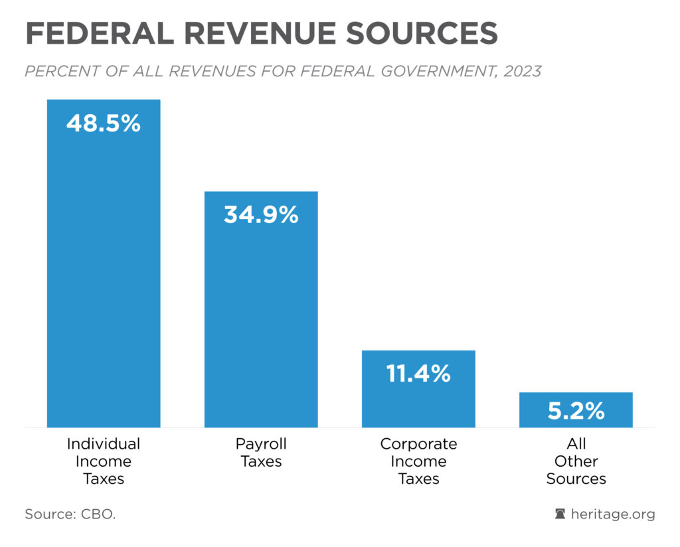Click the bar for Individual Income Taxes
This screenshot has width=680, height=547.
pos(104,266)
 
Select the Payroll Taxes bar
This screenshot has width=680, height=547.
pos(261,312)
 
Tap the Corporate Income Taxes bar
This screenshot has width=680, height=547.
pos(418,398)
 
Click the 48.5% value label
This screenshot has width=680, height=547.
pos(104,123)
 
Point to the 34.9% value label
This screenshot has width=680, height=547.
pos(261,214)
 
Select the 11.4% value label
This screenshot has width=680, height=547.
pos(418,374)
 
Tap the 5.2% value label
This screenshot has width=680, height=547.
pos(576,411)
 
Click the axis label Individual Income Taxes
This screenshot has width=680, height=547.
pos(104,461)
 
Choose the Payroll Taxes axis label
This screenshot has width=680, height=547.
pos(261,452)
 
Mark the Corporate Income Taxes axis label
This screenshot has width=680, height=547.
pos(418,461)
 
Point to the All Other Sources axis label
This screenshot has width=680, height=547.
pos(576,461)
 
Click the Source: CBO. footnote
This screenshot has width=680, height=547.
pos(70,514)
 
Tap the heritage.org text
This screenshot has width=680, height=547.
pos(612,514)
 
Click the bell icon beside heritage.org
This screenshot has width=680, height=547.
pos(560,514)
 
